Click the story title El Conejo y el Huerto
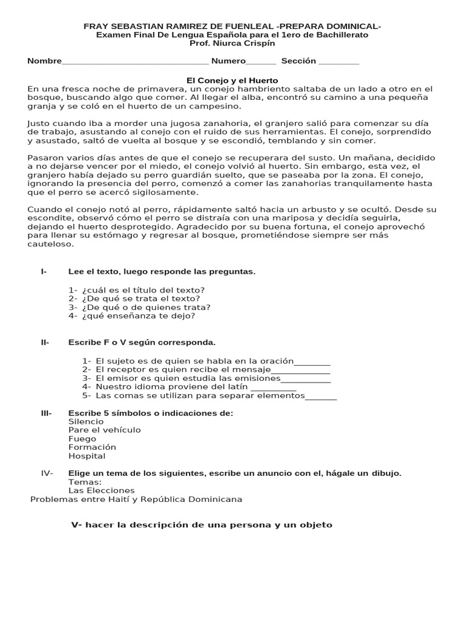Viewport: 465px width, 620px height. [231, 81]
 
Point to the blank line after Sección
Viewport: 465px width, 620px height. [338, 62]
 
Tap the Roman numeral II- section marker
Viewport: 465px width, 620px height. [45, 343]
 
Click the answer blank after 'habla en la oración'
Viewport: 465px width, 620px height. [312, 362]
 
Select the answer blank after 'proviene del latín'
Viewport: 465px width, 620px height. [273, 387]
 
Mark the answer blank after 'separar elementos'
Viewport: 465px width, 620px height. [321, 396]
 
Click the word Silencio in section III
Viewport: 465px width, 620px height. [87, 421]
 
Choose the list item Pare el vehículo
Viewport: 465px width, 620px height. [104, 430]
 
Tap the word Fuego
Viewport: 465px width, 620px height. [82, 438]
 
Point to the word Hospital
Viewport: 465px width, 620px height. [87, 456]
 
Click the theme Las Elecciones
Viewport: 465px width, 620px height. [102, 490]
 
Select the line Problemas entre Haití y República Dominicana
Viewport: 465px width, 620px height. [136, 500]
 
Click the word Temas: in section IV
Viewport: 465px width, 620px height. [85, 482]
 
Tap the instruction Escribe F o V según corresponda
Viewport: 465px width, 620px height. [142, 343]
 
